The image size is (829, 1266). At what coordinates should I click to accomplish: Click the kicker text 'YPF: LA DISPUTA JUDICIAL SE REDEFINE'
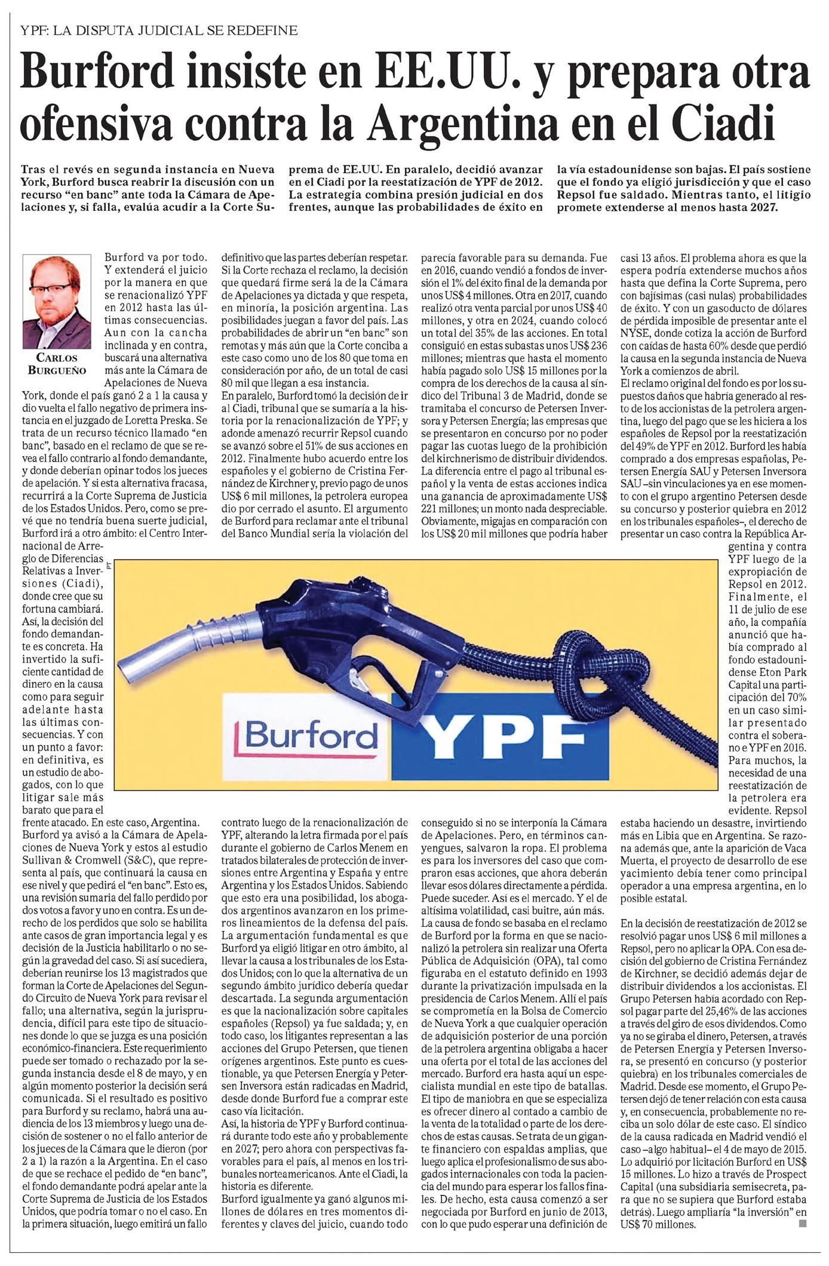(x=158, y=30)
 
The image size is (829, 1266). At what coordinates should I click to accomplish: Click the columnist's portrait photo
(x=57, y=302)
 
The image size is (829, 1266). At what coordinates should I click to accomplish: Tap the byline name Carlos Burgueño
(x=57, y=364)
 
